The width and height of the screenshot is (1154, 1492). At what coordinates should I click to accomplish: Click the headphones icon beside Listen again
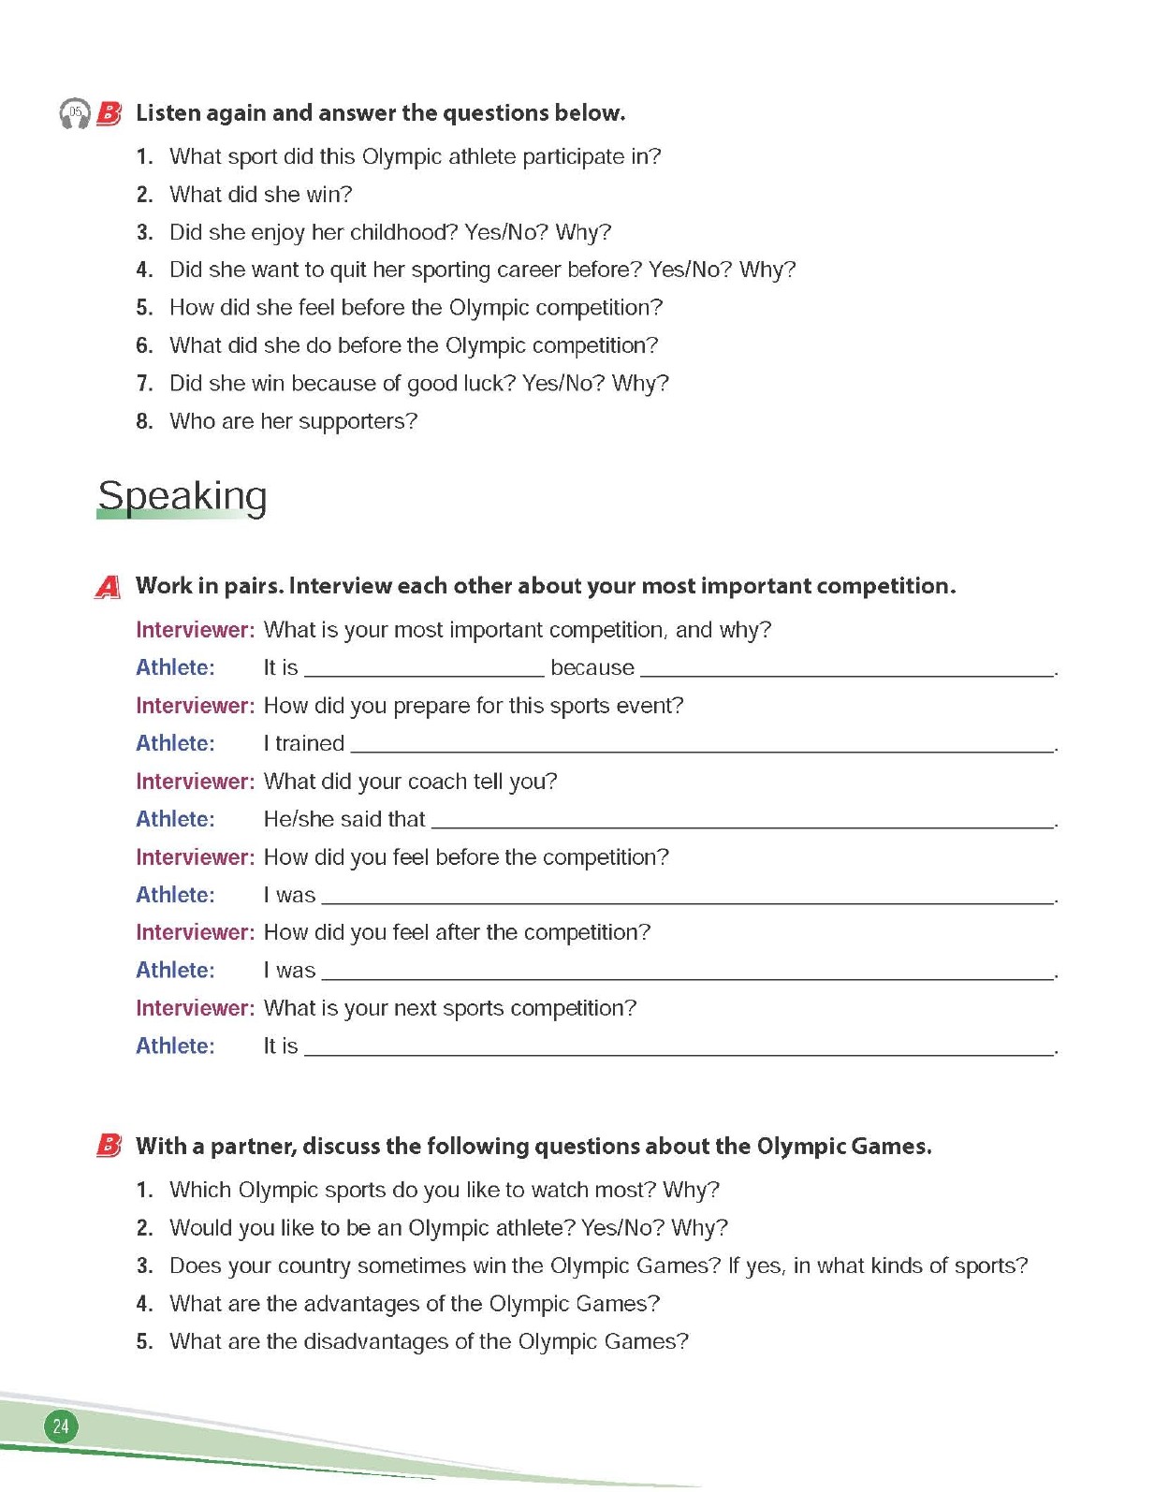75,113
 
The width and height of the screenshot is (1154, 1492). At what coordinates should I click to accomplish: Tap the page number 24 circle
61,1426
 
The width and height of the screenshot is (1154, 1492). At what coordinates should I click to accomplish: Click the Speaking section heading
183,496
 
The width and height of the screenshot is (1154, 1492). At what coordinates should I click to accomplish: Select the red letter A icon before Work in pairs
109,587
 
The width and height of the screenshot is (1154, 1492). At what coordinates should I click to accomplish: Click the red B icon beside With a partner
109,1146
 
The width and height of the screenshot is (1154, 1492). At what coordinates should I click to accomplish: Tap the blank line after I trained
702,748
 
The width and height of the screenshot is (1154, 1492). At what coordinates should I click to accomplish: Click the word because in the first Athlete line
592,667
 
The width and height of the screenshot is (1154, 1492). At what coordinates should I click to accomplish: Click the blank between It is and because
424,672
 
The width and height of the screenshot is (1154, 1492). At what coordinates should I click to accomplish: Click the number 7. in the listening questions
144,384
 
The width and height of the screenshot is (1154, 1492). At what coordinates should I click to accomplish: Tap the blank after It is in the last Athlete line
679,1051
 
